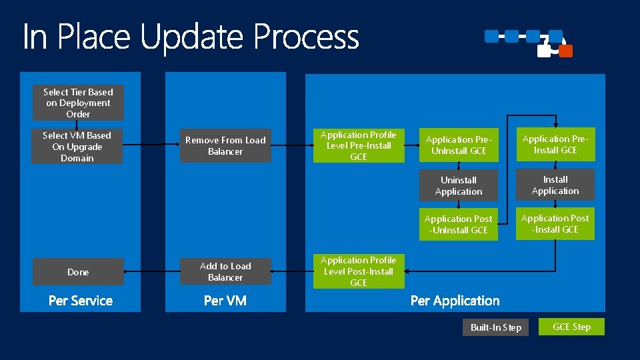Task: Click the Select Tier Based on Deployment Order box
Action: pyautogui.click(x=78, y=103)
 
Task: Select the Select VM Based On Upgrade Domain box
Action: pyautogui.click(x=77, y=147)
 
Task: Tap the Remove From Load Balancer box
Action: pyautogui.click(x=225, y=146)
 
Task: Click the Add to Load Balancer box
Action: pyautogui.click(x=225, y=272)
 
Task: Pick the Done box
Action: pyautogui.click(x=78, y=272)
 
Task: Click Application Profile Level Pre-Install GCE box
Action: pyautogui.click(x=359, y=146)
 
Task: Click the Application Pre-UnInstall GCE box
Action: pyautogui.click(x=459, y=145)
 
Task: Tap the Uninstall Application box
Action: pyautogui.click(x=459, y=186)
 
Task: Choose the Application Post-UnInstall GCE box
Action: pyautogui.click(x=459, y=225)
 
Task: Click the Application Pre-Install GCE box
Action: pyautogui.click(x=555, y=145)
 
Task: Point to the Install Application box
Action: pyautogui.click(x=555, y=185)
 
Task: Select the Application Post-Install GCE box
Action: pyautogui.click(x=555, y=224)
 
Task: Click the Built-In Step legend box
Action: pyautogui.click(x=495, y=327)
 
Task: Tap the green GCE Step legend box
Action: pyautogui.click(x=571, y=327)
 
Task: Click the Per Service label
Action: pyautogui.click(x=81, y=301)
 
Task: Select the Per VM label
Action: pyautogui.click(x=225, y=301)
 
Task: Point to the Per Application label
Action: pyautogui.click(x=455, y=301)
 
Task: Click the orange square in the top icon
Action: pyautogui.click(x=565, y=51)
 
